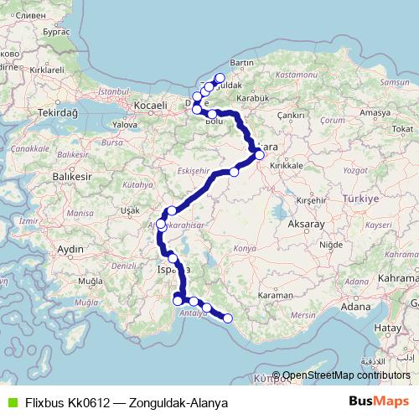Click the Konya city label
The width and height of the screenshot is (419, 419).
pos(245,249)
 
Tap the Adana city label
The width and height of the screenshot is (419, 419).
pos(355,307)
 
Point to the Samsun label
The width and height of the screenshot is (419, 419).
pos(394,83)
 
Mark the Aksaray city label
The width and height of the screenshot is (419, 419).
pos(305,225)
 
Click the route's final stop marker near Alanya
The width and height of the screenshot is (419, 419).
pos(227,318)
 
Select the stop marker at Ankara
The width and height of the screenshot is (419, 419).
pos(260,154)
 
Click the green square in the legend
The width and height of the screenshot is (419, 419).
pos(12,403)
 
